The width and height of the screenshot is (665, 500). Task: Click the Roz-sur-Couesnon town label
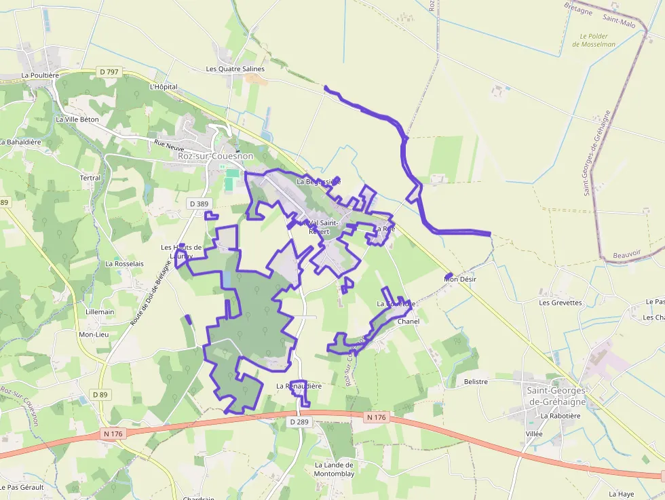pos(215,156)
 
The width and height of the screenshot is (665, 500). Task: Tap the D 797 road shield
pos(108,72)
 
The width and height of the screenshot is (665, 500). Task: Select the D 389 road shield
pos(199,204)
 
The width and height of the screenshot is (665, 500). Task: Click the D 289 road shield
pos(299,422)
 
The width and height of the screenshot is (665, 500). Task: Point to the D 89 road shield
pos(100,394)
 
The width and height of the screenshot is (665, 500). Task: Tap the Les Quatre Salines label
pos(235,69)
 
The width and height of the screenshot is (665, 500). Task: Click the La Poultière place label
pos(41,75)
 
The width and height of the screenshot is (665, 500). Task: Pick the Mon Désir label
pos(461,279)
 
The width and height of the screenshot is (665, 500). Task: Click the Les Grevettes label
pos(560,303)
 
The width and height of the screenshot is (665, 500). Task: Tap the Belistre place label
pos(476,382)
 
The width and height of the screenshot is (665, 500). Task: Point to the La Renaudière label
pos(299,385)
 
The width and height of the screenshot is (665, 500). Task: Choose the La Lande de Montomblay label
pos(335,469)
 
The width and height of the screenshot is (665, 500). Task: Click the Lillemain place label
pos(100,312)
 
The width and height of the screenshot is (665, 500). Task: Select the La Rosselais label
pos(125,263)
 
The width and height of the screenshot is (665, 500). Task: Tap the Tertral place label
pos(90,178)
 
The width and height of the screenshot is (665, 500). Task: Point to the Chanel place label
pos(408,321)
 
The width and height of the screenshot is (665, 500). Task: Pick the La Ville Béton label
pos(77,119)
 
